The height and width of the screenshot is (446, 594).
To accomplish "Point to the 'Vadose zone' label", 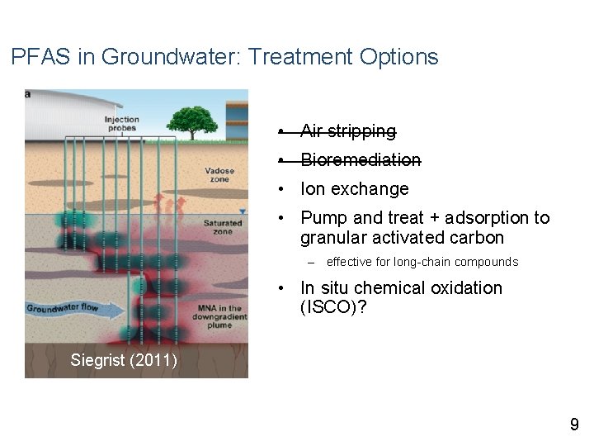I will [219, 175].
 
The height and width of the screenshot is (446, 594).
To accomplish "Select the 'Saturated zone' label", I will [223, 227].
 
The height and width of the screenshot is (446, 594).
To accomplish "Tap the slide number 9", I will [574, 425].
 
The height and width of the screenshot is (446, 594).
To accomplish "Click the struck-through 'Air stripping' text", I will [348, 131].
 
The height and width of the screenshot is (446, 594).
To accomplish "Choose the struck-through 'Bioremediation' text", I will [361, 160].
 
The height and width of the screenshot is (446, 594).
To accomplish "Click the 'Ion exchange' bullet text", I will [355, 189].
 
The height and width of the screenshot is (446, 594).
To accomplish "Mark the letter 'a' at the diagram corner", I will [28, 94].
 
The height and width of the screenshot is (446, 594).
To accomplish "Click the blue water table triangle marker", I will [242, 214].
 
